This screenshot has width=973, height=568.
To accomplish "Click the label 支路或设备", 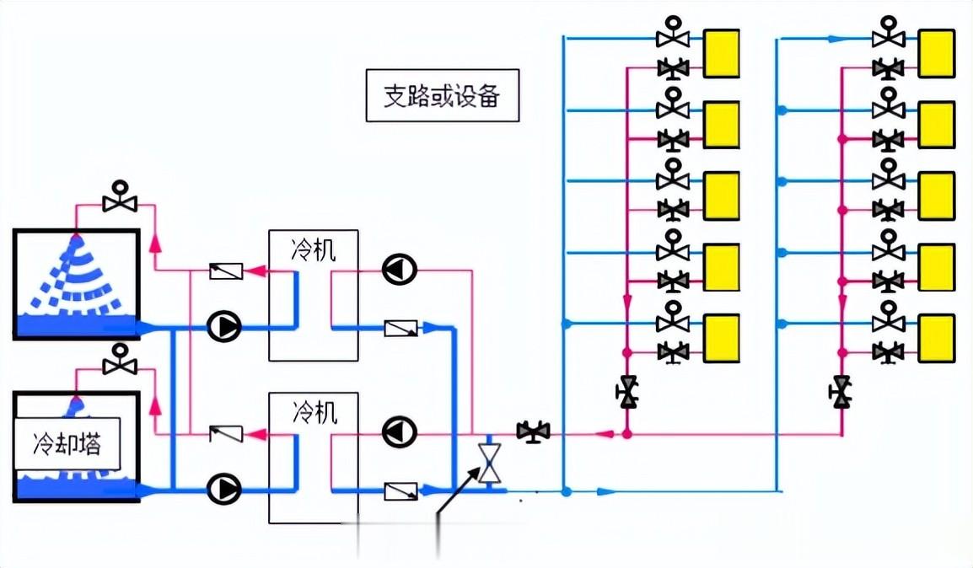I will pos(442,96).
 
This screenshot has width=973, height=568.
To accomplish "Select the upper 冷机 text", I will pos(314,250).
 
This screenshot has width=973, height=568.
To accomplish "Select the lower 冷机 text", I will pos(314,413).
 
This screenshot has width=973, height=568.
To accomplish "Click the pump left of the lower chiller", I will pos(224,487).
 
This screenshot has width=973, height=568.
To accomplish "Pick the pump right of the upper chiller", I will pos(399,270).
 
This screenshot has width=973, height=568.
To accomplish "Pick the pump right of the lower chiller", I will pos(399,432).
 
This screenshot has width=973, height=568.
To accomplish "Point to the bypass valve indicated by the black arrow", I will pos(489,463).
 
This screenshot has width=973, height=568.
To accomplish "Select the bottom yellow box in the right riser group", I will pos(936,338).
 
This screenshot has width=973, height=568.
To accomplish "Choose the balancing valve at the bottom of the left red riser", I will pos(626,392).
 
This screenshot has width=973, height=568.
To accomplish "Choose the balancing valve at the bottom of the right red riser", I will pos(841,392).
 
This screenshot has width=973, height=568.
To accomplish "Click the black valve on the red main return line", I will pos(533,432).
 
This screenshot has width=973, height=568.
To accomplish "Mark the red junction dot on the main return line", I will pos(626,433).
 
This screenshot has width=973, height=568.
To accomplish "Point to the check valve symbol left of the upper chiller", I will pos(226,271).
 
